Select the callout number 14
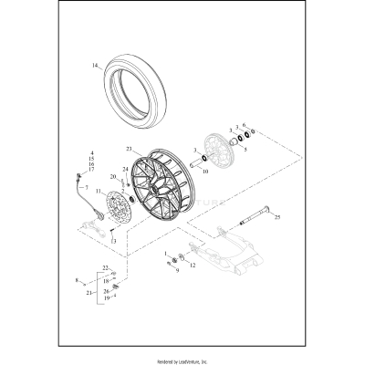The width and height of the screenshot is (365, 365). click(93, 66)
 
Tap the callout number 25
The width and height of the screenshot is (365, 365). click(278, 243)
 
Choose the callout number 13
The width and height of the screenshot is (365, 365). click(113, 240)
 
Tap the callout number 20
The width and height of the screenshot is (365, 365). click(113, 176)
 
